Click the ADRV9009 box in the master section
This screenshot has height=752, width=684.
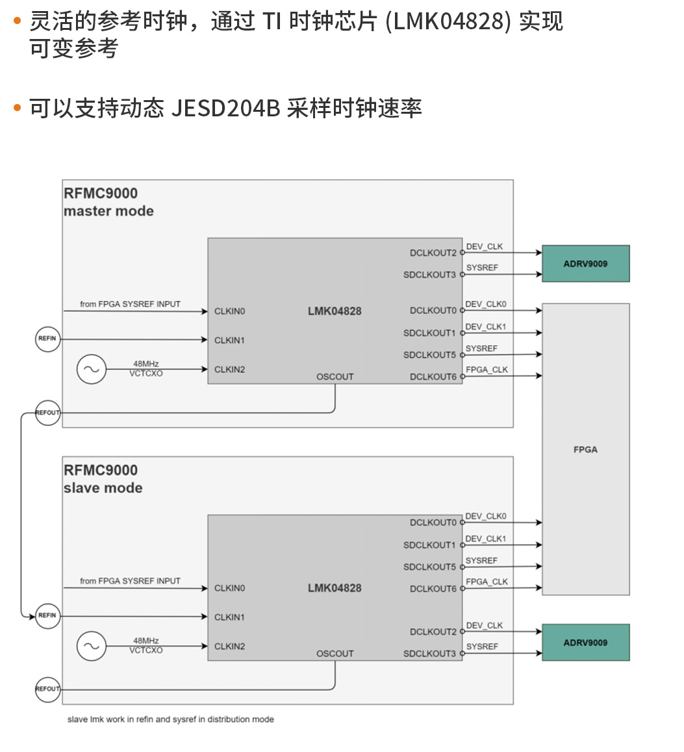click(585, 264)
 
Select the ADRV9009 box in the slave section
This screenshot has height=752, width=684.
click(585, 643)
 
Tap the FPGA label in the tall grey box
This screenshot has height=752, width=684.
click(585, 449)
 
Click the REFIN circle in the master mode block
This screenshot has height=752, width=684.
click(47, 339)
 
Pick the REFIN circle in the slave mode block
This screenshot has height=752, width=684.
click(47, 616)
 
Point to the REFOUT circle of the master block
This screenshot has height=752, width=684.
click(47, 413)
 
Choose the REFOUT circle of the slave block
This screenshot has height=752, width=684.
click(47, 689)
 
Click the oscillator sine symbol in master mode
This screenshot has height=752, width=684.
click(91, 369)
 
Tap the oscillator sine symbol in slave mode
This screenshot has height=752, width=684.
click(91, 646)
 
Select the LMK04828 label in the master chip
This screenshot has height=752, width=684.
click(335, 311)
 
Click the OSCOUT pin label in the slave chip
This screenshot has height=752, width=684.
click(335, 653)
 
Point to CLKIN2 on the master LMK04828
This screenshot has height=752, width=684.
click(230, 370)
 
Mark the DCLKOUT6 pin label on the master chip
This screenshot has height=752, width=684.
click(433, 377)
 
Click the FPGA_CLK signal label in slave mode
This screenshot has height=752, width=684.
click(487, 582)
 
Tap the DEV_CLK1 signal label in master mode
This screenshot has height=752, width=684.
click(485, 327)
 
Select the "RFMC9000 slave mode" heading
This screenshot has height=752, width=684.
click(102, 479)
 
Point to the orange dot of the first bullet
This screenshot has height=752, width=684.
click(18, 21)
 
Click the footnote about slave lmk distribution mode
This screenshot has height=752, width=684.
click(171, 720)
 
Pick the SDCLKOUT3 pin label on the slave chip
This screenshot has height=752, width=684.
click(429, 654)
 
